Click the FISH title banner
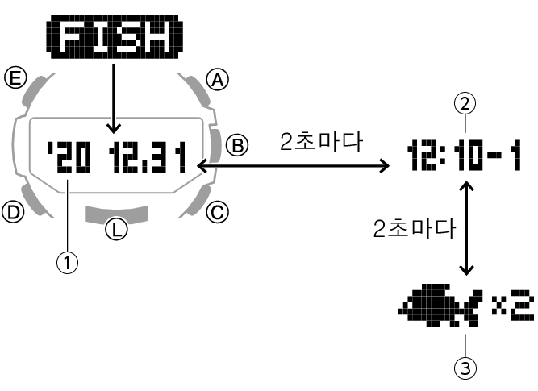click(114, 38)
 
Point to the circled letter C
click(216, 212)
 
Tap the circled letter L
click(118, 230)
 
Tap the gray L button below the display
click(117, 214)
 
